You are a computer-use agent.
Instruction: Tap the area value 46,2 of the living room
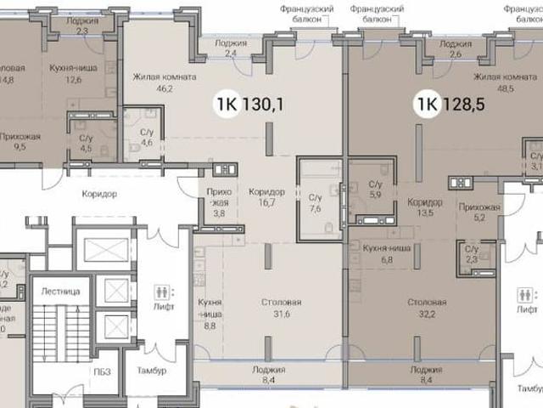pyautogui.click(x=164, y=88)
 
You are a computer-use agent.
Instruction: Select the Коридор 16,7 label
pyautogui.click(x=266, y=197)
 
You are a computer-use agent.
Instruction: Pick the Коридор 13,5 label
pyautogui.click(x=424, y=208)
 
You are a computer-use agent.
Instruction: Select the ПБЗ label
pyautogui.click(x=103, y=371)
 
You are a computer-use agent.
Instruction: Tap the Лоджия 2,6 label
pyautogui.click(x=456, y=48)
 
